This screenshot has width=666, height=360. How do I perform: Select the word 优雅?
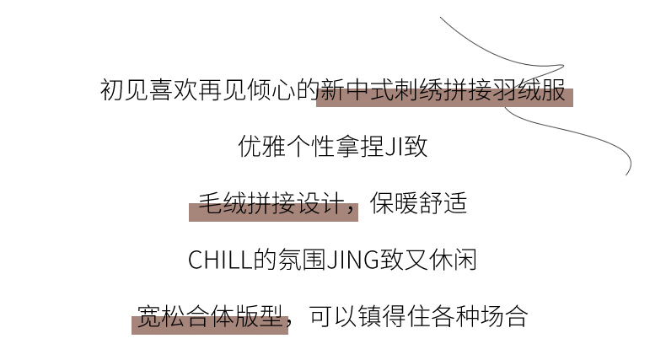(261, 147)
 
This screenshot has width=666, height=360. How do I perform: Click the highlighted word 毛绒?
(221, 204)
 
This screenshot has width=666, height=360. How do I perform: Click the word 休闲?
(454, 261)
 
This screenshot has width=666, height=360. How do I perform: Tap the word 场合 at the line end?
(504, 317)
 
